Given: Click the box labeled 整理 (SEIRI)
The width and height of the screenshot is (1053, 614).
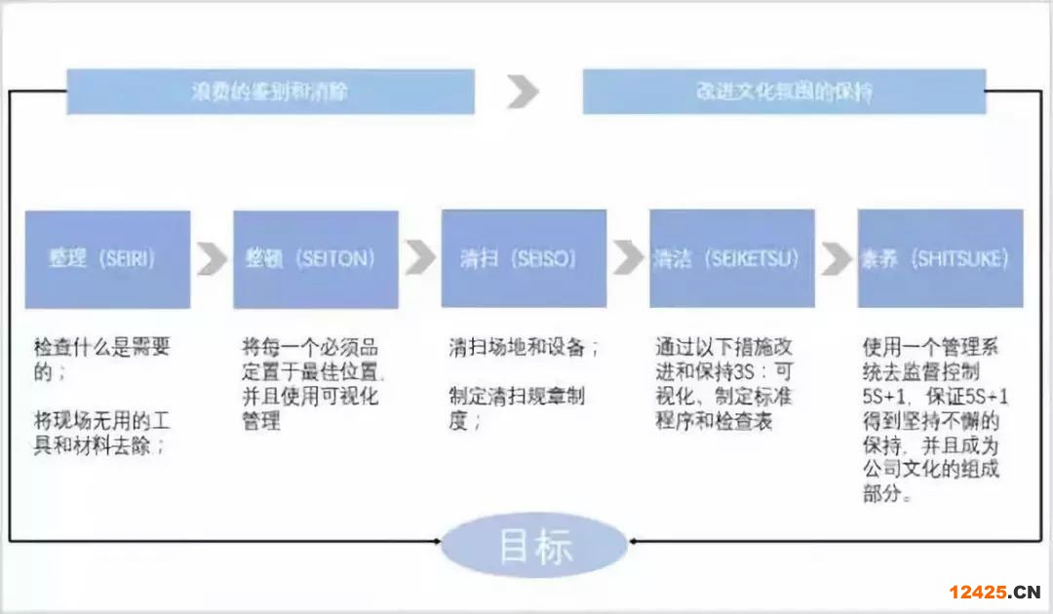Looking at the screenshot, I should pos(107,259).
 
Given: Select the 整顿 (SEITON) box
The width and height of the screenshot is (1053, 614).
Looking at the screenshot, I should pos(316,259).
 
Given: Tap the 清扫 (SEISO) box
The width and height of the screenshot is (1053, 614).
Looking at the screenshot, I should pos(524,259).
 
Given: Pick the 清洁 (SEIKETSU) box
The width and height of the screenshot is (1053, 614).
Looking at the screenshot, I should pos(732,259).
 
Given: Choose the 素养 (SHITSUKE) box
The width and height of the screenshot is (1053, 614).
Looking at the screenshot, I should pos(940,259).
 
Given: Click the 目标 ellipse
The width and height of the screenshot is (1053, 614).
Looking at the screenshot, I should pos(534,546).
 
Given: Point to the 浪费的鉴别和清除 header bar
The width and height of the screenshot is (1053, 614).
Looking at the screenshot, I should pos(270,93).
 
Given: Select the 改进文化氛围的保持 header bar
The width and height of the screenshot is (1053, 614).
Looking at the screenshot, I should pos(784,93).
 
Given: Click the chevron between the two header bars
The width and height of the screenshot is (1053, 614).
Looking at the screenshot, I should pos(523,93).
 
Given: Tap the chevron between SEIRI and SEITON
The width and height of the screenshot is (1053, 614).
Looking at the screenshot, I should pos(212,259).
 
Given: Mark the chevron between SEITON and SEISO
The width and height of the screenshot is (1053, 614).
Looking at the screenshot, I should pos(420,259).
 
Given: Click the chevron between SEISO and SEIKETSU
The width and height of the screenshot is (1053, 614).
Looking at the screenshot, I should pos(628,259).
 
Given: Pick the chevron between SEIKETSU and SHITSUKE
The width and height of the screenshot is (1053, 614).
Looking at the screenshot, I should pos(837,259).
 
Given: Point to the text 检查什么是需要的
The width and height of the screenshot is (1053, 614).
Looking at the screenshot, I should pos(101,360).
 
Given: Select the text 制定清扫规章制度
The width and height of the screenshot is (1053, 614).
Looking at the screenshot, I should pos(517,409).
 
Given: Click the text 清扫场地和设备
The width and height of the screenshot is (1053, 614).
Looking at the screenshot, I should pos(524,348).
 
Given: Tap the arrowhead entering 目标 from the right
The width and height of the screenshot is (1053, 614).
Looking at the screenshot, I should pos(634,540).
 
